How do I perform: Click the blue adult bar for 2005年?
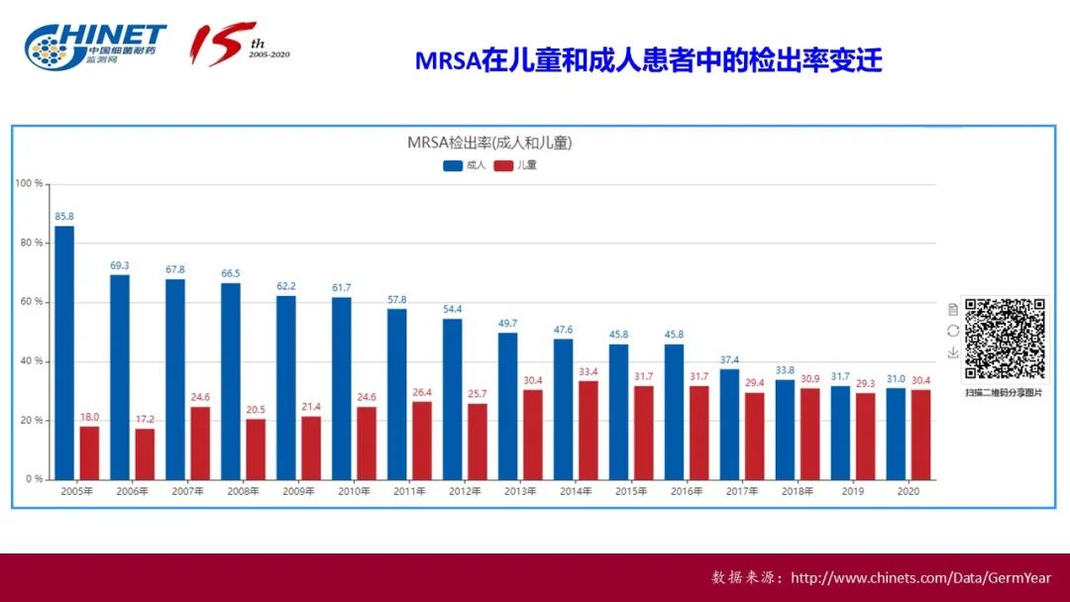pos(64,352)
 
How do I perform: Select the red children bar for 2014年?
pos(588,430)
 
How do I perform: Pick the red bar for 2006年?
pos(145,453)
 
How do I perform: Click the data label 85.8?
pos(64,216)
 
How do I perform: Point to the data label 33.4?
pos(588,371)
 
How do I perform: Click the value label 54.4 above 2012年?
pos(453,309)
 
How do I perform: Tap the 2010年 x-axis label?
pos(355,491)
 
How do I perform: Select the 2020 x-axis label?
pos(909,491)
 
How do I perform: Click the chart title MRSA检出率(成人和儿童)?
pos(489,143)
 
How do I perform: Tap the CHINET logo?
pos(95,45)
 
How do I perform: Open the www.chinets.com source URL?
pos(921,578)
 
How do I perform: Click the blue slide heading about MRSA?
pos(648,61)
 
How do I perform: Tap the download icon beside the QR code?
pos(953,351)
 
